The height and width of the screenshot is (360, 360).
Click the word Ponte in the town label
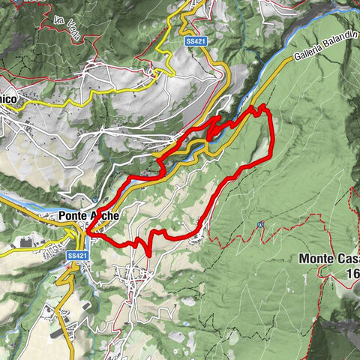73,215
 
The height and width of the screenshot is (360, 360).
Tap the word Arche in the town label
104,215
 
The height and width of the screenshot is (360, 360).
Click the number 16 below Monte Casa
352,275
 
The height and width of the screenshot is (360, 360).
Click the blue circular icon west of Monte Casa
259,224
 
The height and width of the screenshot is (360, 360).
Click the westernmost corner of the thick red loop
88,233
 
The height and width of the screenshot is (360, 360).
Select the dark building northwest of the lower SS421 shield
28,242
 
